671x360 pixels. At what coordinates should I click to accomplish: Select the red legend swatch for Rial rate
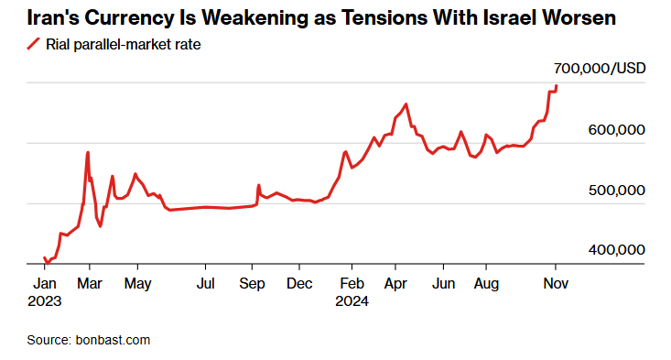tap(33, 44)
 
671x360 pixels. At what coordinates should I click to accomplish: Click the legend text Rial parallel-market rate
tap(124, 45)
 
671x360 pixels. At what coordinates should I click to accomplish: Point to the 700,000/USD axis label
tap(600, 69)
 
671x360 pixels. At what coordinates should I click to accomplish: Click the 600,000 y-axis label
tap(617, 130)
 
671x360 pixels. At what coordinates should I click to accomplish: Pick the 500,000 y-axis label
tap(617, 190)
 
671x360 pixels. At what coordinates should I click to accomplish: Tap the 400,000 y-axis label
tap(617, 250)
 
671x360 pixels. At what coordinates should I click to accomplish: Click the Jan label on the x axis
tap(45, 283)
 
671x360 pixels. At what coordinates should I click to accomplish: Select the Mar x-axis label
tap(90, 283)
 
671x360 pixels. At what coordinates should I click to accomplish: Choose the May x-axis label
tap(138, 284)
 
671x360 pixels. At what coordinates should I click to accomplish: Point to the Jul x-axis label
tap(205, 283)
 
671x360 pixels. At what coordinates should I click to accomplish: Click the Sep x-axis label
tap(252, 284)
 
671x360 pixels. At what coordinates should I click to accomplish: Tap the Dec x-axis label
tap(299, 283)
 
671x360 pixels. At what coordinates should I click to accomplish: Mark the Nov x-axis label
tap(556, 283)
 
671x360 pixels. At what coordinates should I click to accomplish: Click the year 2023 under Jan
tap(45, 301)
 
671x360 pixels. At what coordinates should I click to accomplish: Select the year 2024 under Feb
tap(352, 301)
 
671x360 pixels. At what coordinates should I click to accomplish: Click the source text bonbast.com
tap(113, 341)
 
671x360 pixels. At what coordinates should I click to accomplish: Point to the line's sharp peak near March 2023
tap(88, 152)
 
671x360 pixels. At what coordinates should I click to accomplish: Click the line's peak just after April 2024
tap(406, 104)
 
